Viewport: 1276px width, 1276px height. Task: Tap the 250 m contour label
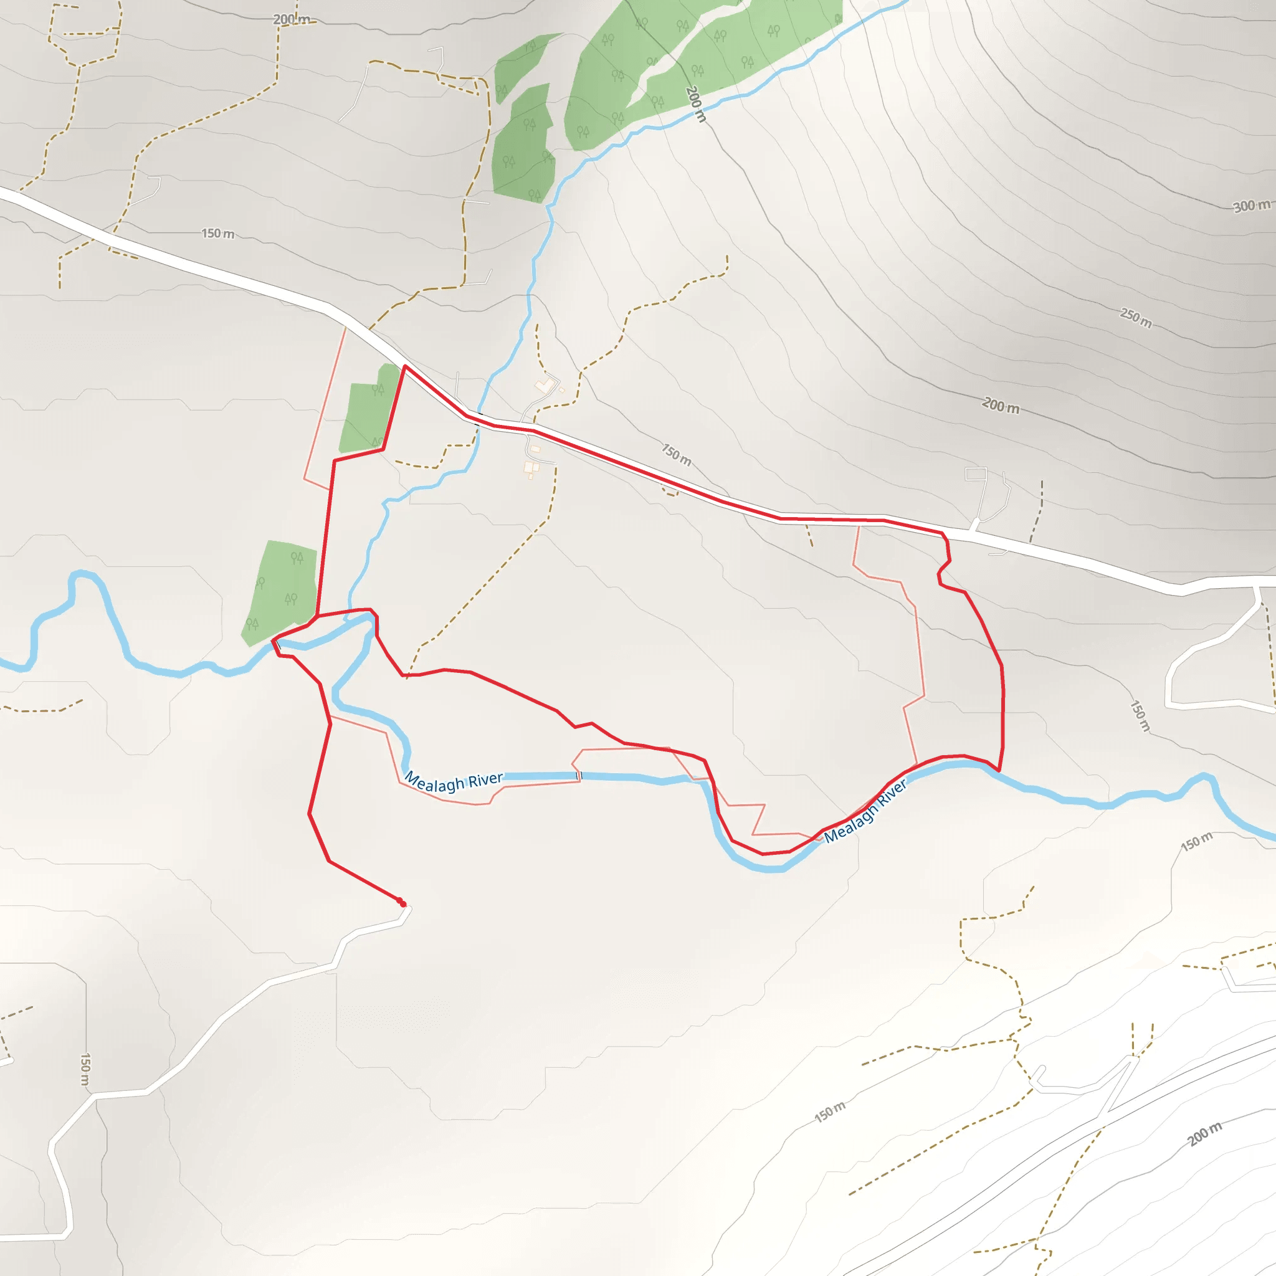(1136, 318)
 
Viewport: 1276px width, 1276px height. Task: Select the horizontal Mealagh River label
(454, 781)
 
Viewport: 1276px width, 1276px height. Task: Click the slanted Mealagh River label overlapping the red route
(865, 811)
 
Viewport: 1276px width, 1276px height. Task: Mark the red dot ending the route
(402, 903)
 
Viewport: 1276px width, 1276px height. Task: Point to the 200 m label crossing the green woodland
(695, 103)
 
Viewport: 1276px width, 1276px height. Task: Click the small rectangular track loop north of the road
(976, 474)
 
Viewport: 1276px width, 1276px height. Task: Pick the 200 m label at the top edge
(292, 19)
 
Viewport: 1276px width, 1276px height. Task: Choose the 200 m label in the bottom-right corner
(1205, 1133)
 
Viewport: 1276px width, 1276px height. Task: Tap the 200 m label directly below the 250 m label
(1001, 404)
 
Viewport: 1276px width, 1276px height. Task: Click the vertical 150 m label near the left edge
(85, 1069)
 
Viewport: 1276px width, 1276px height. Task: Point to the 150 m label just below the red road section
(677, 454)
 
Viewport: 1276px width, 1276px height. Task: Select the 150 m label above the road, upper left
(218, 233)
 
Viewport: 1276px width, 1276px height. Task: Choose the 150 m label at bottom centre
(829, 1112)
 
